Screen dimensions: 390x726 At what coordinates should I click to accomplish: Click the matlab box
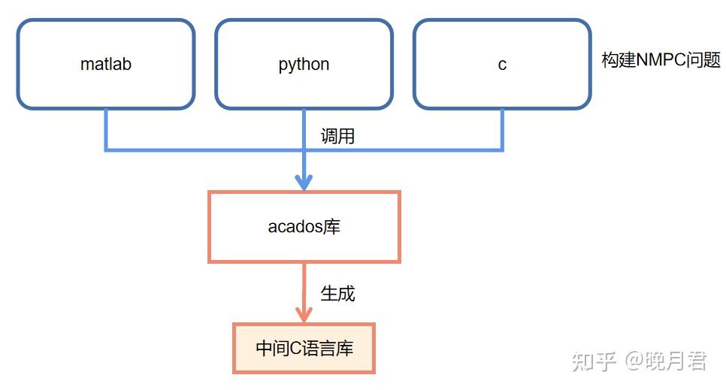tap(106, 65)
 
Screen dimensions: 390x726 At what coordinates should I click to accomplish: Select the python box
tap(304, 65)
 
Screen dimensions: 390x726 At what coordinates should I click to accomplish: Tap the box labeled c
tap(502, 65)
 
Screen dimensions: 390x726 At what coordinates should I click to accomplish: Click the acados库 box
tap(304, 226)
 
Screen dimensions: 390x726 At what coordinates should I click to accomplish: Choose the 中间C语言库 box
tap(304, 348)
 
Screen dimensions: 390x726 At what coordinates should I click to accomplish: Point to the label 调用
tap(337, 136)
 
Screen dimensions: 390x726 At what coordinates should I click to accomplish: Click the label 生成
tap(337, 293)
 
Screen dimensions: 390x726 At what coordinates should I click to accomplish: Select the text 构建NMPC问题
tap(661, 60)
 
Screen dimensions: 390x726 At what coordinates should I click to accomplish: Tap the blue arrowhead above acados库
tap(304, 182)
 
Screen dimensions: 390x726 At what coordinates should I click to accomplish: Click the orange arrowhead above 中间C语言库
tap(304, 314)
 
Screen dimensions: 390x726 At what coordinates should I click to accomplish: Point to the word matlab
tap(106, 65)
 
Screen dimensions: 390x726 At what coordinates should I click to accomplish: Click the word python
tap(304, 65)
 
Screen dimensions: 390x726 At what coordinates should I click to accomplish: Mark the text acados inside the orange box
tap(295, 226)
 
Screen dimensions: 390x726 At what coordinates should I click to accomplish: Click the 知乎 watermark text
tap(594, 361)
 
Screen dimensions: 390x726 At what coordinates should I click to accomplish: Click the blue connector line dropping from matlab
tap(106, 129)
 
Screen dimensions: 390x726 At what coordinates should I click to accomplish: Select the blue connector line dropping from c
tap(501, 129)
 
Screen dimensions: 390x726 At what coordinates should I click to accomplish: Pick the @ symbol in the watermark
tap(634, 361)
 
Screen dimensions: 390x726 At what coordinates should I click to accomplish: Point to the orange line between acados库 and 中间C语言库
tap(304, 286)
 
